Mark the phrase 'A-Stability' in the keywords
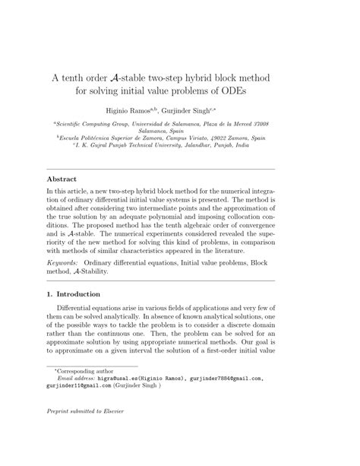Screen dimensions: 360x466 (90, 270)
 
